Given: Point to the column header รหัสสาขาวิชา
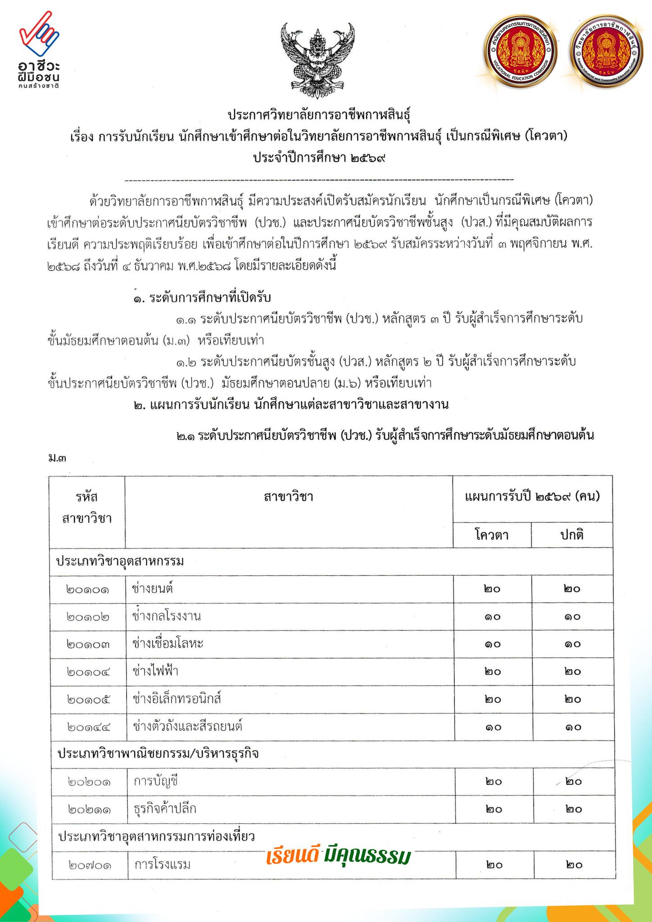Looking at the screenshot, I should coord(87,508).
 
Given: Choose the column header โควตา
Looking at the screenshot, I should coord(492,535).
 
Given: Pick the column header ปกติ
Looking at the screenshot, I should coord(572,535).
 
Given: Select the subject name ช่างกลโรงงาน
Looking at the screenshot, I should coord(167,616).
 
